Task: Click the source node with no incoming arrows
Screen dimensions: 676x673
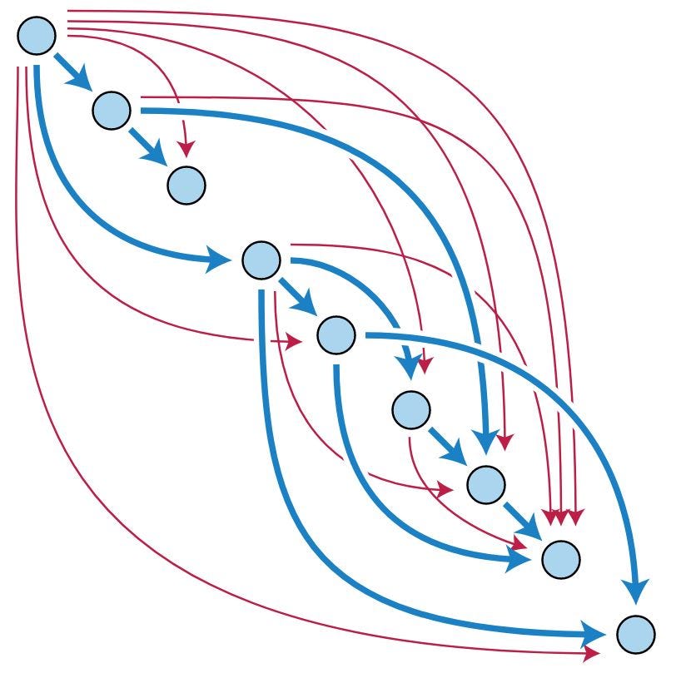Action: click(x=36, y=35)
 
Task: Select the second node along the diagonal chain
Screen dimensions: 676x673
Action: click(x=112, y=110)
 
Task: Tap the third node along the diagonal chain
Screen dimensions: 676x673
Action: click(x=186, y=185)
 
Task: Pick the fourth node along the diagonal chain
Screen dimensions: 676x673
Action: click(x=261, y=260)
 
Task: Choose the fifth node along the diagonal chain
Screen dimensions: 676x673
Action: click(x=336, y=334)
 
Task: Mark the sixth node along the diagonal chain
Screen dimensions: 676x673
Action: click(x=410, y=409)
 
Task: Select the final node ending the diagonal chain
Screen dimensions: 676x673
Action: click(x=635, y=634)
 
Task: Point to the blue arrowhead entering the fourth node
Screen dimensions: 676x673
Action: click(x=219, y=261)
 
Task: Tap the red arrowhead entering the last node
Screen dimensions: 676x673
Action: click(x=593, y=651)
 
